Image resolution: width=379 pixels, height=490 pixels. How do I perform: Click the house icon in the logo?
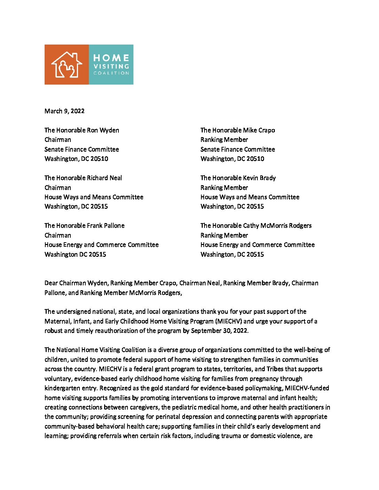tap(67, 64)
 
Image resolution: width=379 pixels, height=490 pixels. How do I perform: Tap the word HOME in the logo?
tap(111, 58)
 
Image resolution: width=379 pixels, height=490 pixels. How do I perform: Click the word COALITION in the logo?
tap(111, 73)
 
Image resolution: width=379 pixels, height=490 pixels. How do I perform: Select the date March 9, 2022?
tap(64, 111)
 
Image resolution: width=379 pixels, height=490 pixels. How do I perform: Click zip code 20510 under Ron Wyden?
tap(99, 159)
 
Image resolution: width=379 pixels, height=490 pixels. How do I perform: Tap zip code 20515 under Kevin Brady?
tap(255, 206)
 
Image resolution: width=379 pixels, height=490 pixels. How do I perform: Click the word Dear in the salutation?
tap(51, 283)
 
